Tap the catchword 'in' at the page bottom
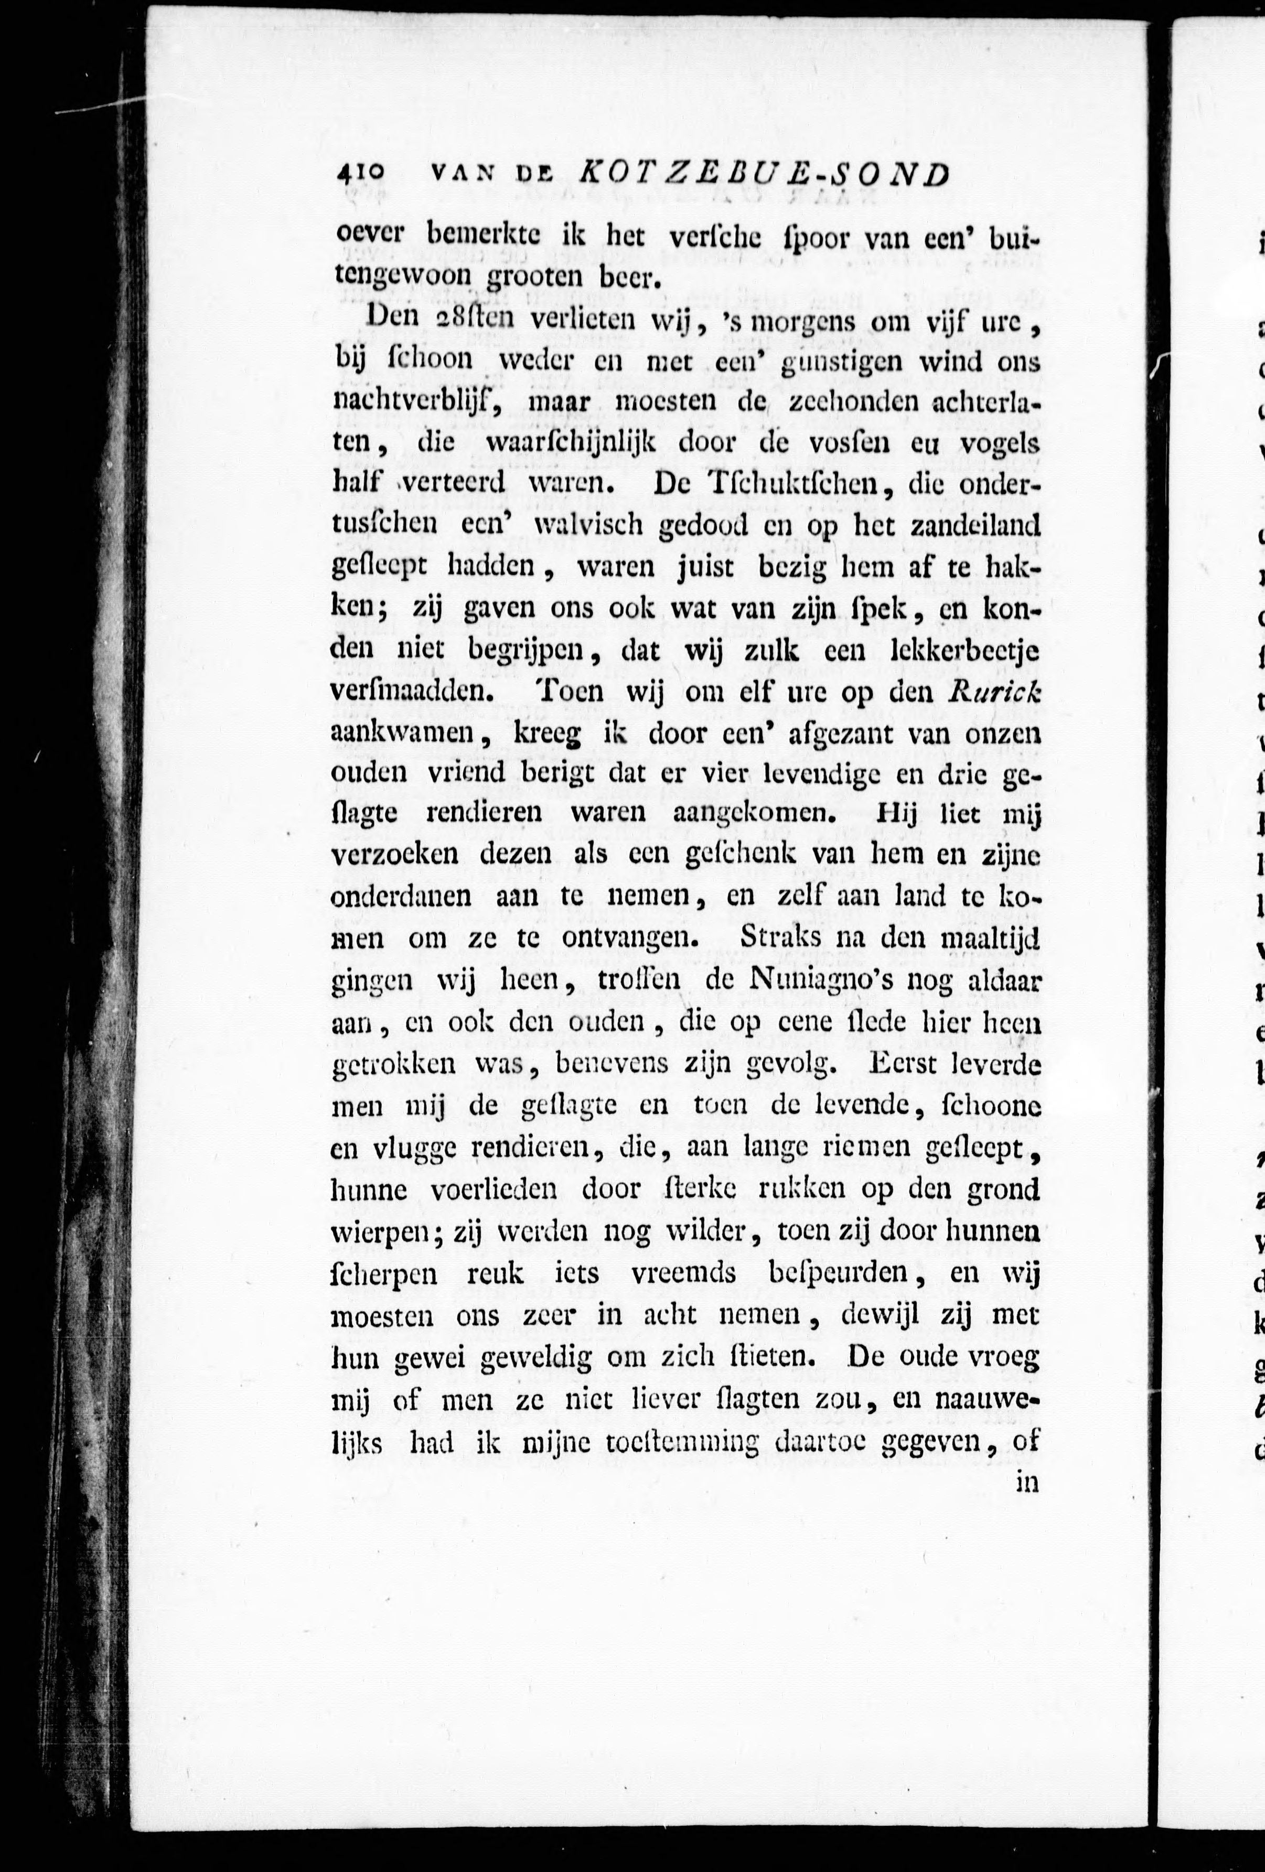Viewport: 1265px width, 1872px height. click(x=1027, y=1483)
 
